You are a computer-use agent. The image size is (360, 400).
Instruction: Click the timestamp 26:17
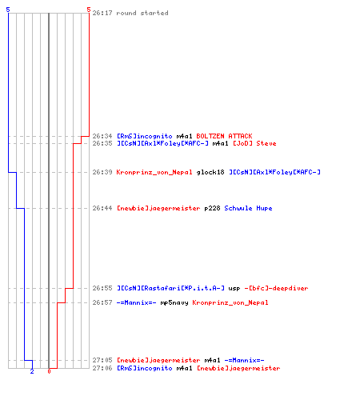102,13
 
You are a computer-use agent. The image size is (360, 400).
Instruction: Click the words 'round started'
142,13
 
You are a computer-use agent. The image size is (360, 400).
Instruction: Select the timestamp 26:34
102,136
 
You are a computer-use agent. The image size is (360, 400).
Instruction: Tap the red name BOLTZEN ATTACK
224,136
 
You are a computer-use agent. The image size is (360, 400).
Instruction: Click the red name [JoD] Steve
254,143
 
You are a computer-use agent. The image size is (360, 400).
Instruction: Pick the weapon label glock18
210,172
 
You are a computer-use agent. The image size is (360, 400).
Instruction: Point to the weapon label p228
212,208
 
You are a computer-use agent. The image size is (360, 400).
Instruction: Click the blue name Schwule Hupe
248,208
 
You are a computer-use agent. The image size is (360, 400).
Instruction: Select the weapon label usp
234,288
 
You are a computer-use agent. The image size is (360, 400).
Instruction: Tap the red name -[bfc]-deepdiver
276,288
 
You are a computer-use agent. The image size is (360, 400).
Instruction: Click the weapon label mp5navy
174,302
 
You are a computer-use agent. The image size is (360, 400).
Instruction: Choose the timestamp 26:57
102,302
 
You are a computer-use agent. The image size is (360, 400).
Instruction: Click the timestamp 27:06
102,368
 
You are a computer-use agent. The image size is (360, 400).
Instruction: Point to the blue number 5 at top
8,10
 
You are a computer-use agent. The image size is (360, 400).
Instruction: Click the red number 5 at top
89,10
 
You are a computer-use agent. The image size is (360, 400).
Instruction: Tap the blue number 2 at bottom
32,371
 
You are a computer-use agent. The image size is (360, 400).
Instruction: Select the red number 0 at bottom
49,371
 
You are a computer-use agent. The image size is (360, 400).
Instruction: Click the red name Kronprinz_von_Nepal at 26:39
154,172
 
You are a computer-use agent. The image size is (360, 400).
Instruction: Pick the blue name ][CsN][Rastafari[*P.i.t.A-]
170,288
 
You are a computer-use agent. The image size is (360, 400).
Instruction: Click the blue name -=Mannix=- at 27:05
244,360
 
